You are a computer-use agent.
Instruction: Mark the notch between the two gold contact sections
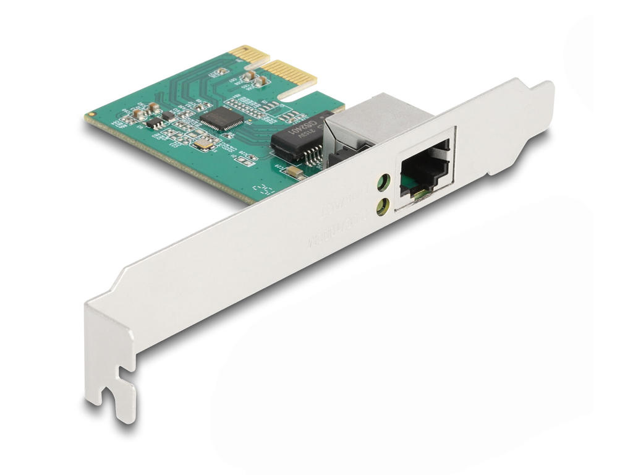tap(263, 62)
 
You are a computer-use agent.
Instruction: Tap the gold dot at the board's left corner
tap(88, 115)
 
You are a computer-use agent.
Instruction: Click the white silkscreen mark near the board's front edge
tap(263, 189)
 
